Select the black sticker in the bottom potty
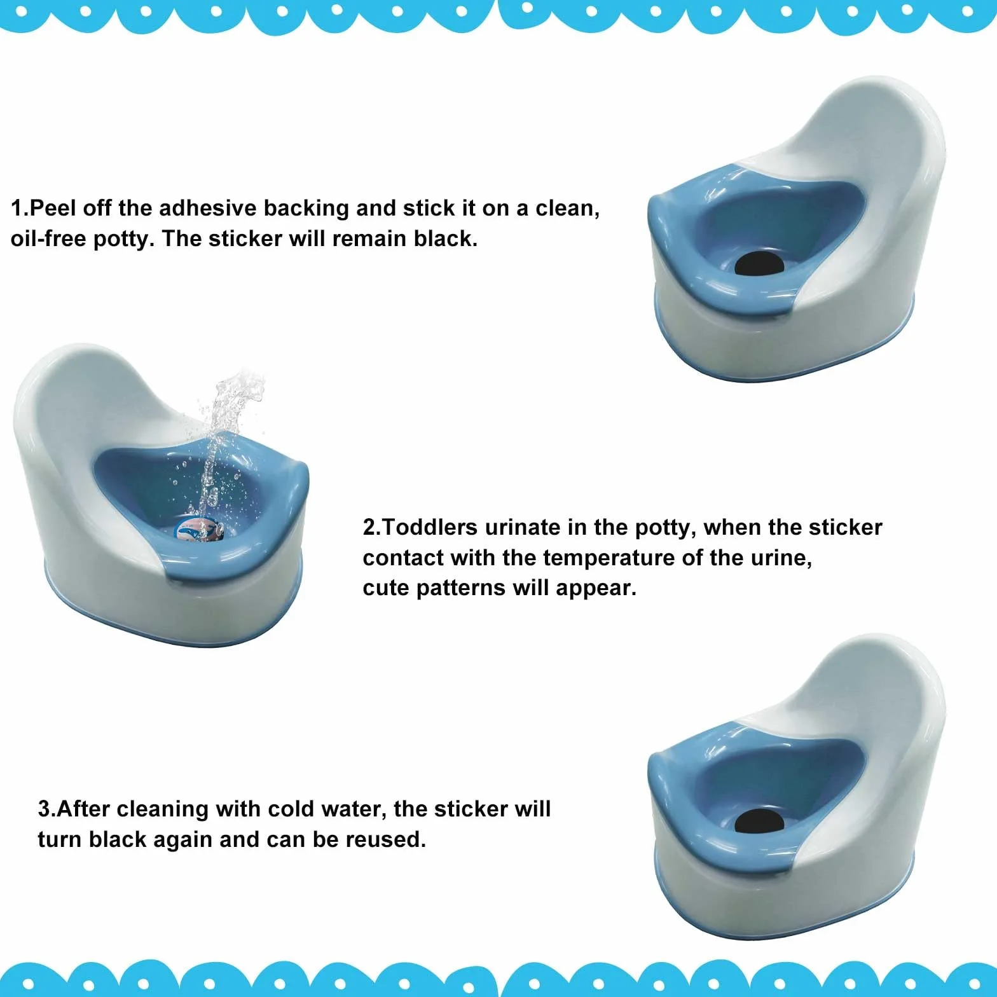[x=759, y=822]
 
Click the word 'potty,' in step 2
[x=666, y=528]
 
